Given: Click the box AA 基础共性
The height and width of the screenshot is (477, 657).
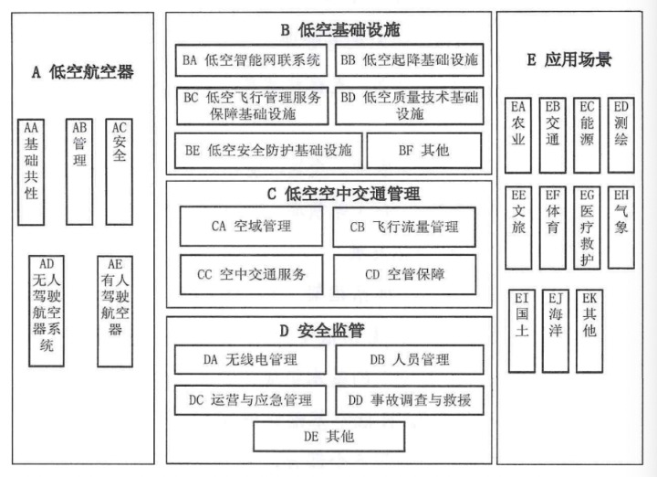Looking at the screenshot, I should coord(32,171).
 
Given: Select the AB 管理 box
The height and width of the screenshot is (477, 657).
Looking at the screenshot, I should coord(79,171).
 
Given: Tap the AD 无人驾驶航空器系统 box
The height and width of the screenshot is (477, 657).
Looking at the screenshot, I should coord(46,311).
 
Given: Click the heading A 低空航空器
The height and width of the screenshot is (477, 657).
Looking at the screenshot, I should coord(83,72).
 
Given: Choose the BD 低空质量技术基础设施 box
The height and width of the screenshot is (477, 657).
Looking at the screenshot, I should coord(409,105).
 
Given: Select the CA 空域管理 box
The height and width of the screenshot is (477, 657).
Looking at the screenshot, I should coord(250,227).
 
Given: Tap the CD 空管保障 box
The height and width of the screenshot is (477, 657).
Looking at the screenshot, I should coord(404,273).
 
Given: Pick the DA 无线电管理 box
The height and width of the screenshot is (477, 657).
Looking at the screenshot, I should coord(251,360).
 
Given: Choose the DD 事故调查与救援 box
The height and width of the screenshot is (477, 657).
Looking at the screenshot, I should coord(409,399).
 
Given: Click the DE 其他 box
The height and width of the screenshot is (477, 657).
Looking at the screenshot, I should coord(328,437).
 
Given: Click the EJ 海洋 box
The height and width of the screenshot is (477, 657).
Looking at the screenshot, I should coord(554,330).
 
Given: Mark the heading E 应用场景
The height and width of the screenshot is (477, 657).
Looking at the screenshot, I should coord(569,60).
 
